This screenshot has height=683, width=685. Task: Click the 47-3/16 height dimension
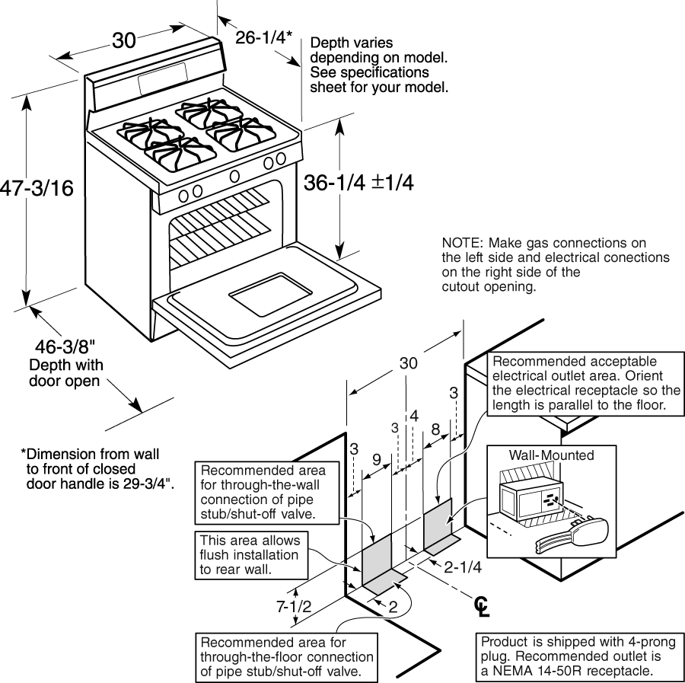37,188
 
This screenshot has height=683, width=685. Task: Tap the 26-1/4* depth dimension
263,37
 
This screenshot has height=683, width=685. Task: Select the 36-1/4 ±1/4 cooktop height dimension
358,182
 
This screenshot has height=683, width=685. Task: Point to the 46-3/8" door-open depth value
65,347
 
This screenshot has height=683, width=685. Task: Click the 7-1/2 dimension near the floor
294,606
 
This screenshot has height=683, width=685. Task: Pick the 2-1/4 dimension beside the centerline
463,567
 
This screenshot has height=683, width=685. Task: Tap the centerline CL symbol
482,607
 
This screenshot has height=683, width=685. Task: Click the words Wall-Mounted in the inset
551,455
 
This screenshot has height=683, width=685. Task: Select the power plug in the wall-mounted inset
572,536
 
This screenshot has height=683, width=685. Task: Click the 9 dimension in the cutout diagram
377,459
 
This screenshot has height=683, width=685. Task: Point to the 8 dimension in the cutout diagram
435,429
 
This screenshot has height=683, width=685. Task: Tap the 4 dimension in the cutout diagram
414,416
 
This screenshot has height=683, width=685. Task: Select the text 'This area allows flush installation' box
251,555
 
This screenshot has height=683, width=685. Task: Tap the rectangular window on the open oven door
271,294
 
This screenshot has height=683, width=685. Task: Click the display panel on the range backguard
163,78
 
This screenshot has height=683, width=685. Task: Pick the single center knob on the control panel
234,176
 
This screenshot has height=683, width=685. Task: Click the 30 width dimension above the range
124,40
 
